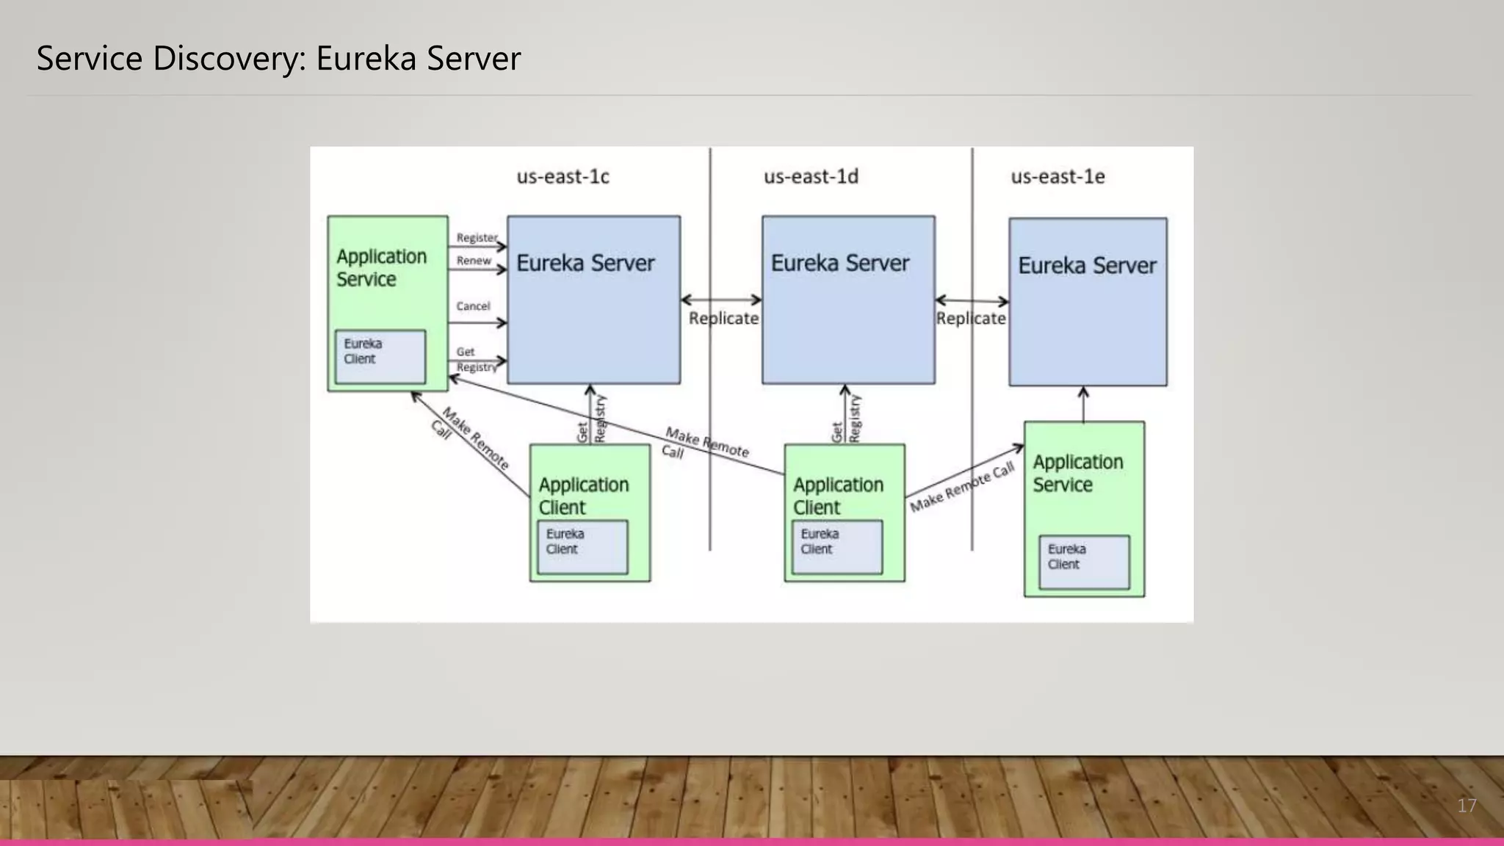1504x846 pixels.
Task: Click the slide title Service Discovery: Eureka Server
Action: (x=278, y=59)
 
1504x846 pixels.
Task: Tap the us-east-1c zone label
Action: (x=563, y=177)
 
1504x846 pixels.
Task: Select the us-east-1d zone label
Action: (x=811, y=177)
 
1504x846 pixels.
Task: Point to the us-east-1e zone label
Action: (x=1057, y=177)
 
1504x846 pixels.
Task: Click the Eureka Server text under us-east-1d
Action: (x=839, y=263)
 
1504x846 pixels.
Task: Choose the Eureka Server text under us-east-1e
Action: (x=1087, y=265)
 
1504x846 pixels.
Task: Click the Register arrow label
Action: (x=477, y=238)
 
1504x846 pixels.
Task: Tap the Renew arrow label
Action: (x=474, y=261)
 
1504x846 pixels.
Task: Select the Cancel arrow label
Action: (x=473, y=306)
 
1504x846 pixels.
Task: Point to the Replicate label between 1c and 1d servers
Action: (x=723, y=319)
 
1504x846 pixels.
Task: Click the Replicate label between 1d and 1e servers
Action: (x=970, y=319)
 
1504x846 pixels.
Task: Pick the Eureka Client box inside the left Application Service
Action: (x=380, y=356)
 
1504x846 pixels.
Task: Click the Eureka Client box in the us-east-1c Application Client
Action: (x=582, y=546)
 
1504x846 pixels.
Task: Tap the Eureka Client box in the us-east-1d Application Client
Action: (x=836, y=546)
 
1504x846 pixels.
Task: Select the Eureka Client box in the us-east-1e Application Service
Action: (x=1084, y=562)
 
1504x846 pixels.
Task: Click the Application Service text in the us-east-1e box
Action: (x=1077, y=473)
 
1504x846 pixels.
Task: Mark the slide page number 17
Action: (x=1467, y=806)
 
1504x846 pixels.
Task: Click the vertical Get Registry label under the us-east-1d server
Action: (x=845, y=420)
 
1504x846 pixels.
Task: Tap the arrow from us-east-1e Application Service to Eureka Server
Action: (x=1083, y=404)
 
